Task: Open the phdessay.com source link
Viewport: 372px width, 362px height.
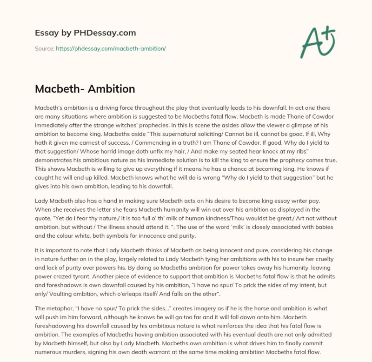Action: (x=111, y=48)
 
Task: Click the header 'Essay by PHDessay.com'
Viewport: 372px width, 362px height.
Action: (x=85, y=33)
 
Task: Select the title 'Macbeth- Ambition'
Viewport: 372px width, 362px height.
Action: (x=85, y=89)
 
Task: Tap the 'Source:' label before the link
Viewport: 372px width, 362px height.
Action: (x=45, y=48)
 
